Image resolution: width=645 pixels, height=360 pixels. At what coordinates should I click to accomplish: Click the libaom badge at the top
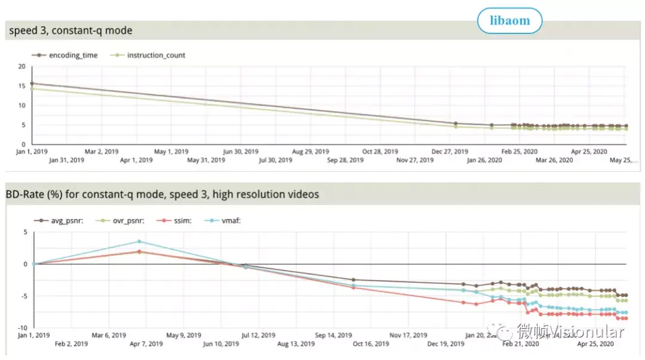pyautogui.click(x=509, y=21)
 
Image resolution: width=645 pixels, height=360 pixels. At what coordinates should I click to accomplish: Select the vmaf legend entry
pyautogui.click(x=228, y=221)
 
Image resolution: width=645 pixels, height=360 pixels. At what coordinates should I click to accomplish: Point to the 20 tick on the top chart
pyautogui.click(x=21, y=66)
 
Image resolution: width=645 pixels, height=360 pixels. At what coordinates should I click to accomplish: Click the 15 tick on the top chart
pyautogui.click(x=21, y=86)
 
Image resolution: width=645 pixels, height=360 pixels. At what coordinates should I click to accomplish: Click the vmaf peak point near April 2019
pyautogui.click(x=139, y=241)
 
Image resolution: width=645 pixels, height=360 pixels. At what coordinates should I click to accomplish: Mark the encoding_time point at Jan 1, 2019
pyautogui.click(x=32, y=84)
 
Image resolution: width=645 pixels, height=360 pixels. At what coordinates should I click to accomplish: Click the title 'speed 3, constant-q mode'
pyautogui.click(x=70, y=30)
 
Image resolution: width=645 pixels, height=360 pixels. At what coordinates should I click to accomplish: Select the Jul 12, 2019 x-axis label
pyautogui.click(x=258, y=336)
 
